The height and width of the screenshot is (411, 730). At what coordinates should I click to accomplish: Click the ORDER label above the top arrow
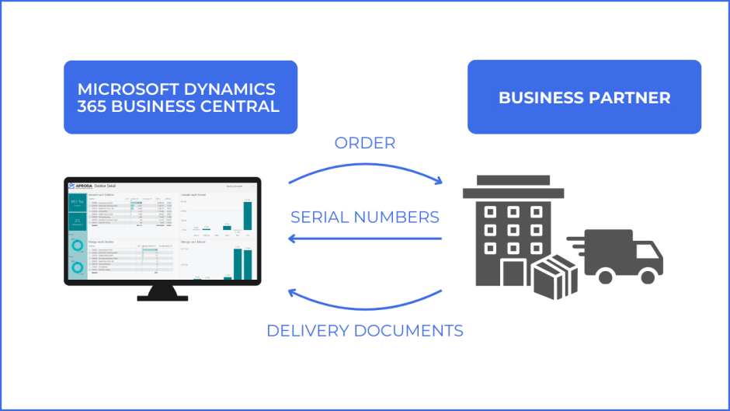pyautogui.click(x=365, y=143)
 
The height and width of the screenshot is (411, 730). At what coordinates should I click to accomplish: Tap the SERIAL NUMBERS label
pyautogui.click(x=365, y=217)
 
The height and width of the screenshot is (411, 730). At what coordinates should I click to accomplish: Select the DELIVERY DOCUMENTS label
pyautogui.click(x=365, y=331)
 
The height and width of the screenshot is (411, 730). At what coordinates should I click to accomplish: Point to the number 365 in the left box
pyautogui.click(x=92, y=106)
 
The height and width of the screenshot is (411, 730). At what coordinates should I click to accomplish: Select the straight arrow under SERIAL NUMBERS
pyautogui.click(x=365, y=239)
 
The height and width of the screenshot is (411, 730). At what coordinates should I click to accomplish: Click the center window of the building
pyautogui.click(x=513, y=230)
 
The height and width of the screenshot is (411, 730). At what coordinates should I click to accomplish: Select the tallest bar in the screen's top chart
pyautogui.click(x=248, y=215)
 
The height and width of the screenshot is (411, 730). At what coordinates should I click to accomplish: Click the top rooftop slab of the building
pyautogui.click(x=513, y=180)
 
